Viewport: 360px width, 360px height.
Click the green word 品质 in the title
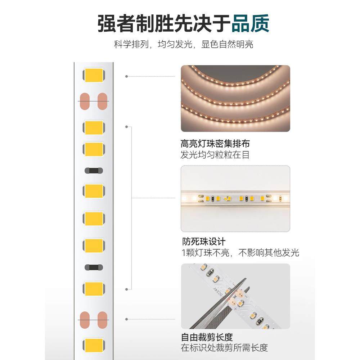[250, 23]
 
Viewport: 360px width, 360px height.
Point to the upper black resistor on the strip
[94, 171]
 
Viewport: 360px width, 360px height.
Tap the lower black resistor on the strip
[94, 267]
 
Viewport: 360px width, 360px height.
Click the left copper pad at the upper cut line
[85, 102]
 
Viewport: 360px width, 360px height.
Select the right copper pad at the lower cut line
[103, 320]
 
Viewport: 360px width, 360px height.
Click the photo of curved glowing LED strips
[235, 98]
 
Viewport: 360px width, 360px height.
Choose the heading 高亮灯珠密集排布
[215, 144]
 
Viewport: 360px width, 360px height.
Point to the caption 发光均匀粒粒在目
[215, 155]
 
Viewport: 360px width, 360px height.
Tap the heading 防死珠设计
[204, 241]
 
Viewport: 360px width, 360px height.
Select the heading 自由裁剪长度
[207, 337]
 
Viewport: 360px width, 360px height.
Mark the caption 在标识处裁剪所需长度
[225, 348]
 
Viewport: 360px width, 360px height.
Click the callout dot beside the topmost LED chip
[126, 76]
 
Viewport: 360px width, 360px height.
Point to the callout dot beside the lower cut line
[126, 319]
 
